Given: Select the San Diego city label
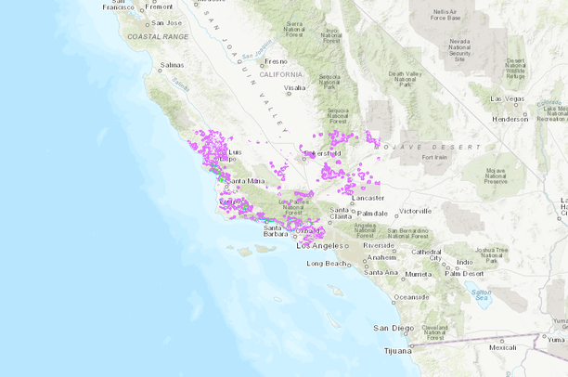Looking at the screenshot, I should click(x=394, y=328).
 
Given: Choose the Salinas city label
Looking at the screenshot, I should click(x=173, y=66).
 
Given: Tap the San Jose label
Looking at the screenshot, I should click(x=166, y=22).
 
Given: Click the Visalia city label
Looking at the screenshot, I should click(x=294, y=87).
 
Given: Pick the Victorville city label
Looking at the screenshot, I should click(x=416, y=211).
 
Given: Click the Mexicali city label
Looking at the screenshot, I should click(x=502, y=347).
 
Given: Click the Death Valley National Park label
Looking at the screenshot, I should click(x=405, y=79).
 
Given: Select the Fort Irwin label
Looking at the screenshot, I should click(x=435, y=157).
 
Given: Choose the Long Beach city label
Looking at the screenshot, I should click(x=327, y=264).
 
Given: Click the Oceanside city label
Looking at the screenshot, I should click(x=410, y=297).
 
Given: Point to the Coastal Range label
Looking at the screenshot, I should click(x=157, y=36).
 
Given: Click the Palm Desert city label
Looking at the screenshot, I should click(x=465, y=273).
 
